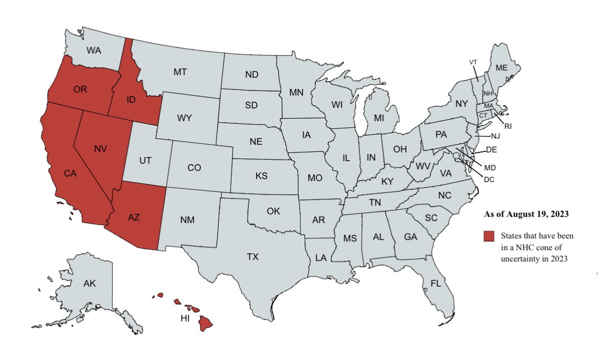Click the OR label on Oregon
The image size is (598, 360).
80,89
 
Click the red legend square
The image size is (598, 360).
490,236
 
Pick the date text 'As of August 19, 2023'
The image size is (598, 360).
526,214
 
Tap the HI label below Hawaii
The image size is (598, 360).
185,319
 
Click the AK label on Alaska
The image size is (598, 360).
89,283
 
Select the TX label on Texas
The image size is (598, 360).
252,257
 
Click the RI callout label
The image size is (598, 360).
508,126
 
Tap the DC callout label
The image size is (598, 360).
489,179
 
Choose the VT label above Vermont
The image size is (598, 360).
473,62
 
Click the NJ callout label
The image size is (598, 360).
495,137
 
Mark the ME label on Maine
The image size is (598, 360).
501,67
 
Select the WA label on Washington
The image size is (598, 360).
94,50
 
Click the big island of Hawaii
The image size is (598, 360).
205,323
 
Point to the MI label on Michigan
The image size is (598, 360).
378,118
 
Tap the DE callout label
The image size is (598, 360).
491,150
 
